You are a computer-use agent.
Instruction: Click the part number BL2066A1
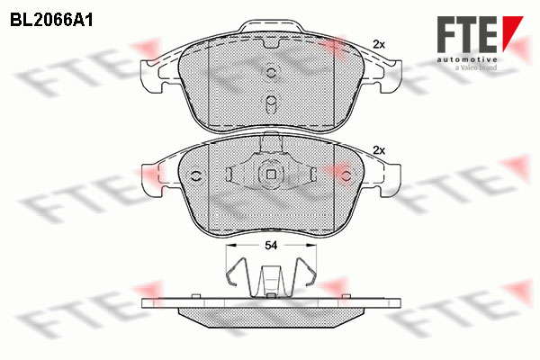click(51, 20)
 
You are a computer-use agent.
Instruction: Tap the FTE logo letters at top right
click(467, 34)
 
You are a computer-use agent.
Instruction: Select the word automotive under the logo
click(467, 60)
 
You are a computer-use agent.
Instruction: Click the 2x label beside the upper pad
click(379, 44)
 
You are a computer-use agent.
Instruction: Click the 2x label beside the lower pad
click(379, 150)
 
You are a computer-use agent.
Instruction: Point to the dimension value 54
click(271, 246)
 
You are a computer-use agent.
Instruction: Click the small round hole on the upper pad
click(272, 72)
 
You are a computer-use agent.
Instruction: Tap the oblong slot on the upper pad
click(272, 103)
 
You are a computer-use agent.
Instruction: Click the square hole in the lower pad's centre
click(272, 175)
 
